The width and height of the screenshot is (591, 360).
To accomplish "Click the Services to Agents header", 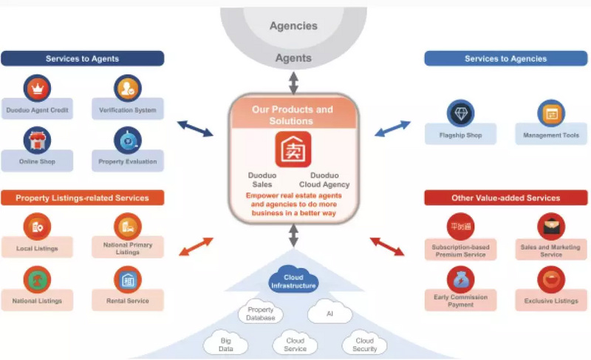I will click(x=82, y=58).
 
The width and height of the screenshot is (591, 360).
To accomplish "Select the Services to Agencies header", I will click(x=505, y=58).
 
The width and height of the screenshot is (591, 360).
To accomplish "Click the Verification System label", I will click(x=127, y=110).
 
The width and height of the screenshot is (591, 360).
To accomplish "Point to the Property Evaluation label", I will click(x=127, y=161).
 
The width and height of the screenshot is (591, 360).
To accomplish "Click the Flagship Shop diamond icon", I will click(x=460, y=113).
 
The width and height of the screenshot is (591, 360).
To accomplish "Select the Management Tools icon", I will click(x=550, y=113).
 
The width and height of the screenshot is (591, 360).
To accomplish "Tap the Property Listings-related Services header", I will click(x=82, y=197).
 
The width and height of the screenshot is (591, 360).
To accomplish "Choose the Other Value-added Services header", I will click(x=505, y=197).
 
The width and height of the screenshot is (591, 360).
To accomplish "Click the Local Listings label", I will click(x=37, y=248).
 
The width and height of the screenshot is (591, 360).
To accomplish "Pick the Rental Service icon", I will click(x=127, y=279).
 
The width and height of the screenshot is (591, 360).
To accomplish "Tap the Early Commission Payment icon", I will click(x=460, y=279).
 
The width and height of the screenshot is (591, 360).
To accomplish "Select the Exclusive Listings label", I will click(x=550, y=301).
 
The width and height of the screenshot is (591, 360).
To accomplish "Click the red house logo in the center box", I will click(x=293, y=149).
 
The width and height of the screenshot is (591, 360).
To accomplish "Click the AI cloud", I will click(x=329, y=313).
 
